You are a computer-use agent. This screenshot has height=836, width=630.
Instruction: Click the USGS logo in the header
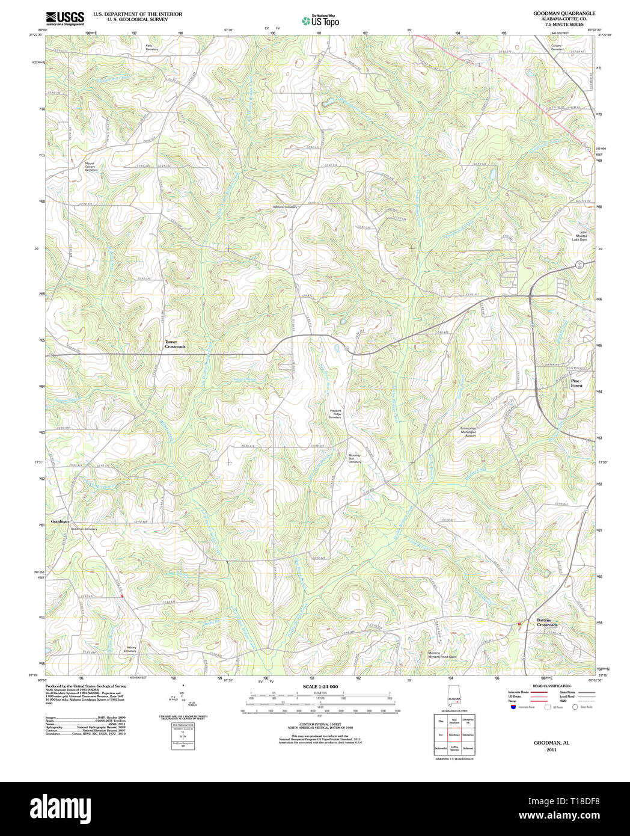(x=65, y=18)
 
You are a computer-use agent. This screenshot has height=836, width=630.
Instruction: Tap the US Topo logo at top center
(x=321, y=20)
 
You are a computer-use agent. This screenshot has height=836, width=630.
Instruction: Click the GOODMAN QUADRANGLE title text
(x=555, y=13)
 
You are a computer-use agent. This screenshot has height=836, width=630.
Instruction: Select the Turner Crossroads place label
(x=175, y=344)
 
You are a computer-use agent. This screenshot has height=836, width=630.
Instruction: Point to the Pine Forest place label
(x=576, y=383)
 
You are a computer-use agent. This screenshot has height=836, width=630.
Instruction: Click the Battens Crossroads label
(x=546, y=622)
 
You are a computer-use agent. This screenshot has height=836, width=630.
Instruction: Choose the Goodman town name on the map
(x=60, y=521)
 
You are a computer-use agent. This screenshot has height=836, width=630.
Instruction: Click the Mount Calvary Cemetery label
(x=90, y=167)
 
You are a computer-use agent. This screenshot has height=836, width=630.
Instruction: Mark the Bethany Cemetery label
(x=285, y=207)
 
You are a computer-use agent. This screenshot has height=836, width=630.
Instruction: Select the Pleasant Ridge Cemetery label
(x=335, y=414)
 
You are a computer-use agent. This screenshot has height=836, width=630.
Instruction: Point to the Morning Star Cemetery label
(x=355, y=458)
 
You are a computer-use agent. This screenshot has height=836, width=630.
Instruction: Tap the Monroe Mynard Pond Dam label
(x=442, y=655)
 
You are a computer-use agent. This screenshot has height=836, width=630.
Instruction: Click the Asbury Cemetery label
(x=130, y=650)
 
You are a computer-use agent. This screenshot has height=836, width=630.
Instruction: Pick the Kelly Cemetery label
(x=152, y=47)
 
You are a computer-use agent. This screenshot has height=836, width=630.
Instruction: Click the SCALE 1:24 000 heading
(x=320, y=686)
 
